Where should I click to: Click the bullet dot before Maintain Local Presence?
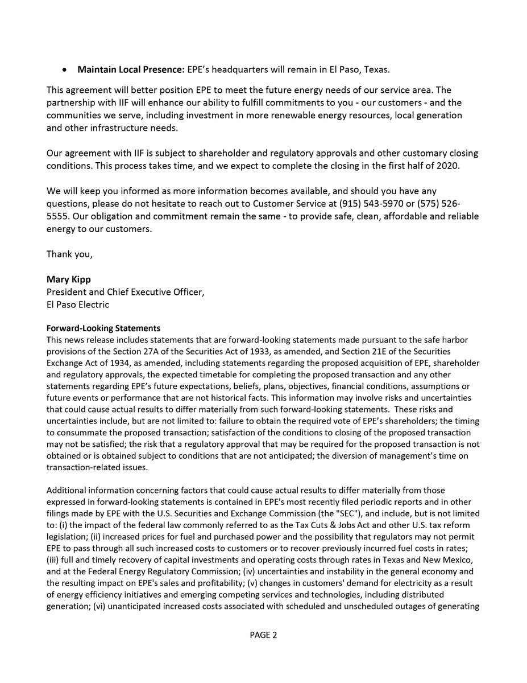point(67,69)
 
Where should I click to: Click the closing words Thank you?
point(69,254)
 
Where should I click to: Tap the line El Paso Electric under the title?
point(78,305)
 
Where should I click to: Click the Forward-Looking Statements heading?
point(103,328)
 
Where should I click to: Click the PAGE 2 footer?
point(263,635)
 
